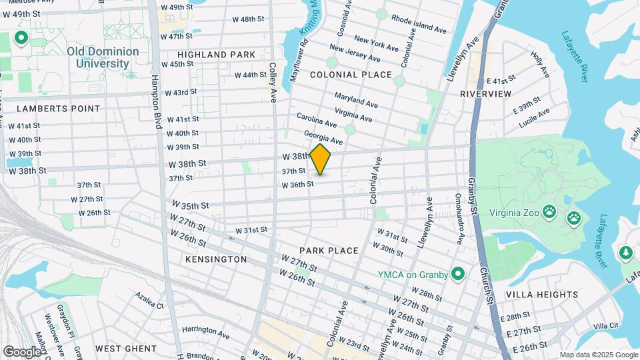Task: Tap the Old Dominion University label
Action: pos(103,57)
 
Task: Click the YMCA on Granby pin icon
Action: pos(458,273)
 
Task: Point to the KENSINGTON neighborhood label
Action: pos(216,259)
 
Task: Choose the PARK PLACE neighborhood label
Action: pos(329,251)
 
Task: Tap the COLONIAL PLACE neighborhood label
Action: pos(351,75)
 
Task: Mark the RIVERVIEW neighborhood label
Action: pos(485,94)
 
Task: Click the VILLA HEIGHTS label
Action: pos(542,294)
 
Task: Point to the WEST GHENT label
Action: pos(126,348)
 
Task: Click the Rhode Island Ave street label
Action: pos(419,25)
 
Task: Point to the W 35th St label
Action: pos(191,205)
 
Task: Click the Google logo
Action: pos(23,351)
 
